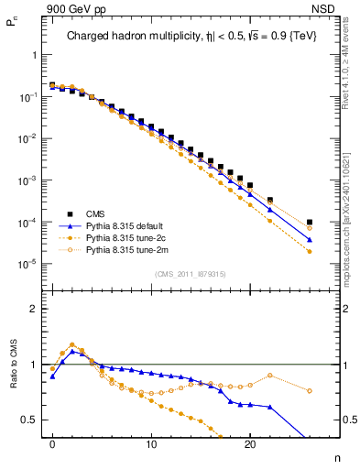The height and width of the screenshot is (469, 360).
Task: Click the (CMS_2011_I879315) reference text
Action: coord(190,274)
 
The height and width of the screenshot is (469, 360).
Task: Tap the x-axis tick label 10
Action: coord(151,442)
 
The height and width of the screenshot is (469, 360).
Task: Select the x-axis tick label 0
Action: coord(52,442)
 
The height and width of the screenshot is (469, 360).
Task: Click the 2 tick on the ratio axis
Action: coord(34,309)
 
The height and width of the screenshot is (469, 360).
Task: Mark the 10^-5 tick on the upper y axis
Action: coord(27,265)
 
